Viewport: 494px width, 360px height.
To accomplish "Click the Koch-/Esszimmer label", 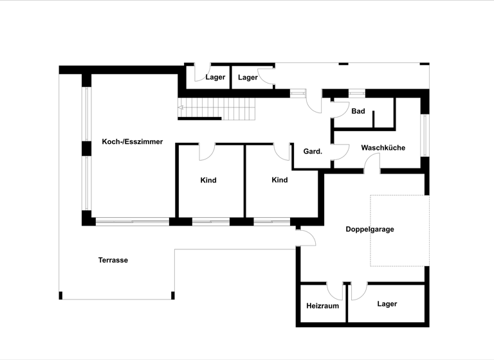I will click(x=132, y=141).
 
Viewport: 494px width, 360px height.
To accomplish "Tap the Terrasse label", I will click(x=113, y=260).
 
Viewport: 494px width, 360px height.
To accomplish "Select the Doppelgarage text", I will click(x=369, y=229).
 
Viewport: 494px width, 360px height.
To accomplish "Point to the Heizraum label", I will click(x=322, y=305).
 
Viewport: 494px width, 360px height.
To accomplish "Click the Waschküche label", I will click(x=383, y=148).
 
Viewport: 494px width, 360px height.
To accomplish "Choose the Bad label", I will click(x=358, y=111).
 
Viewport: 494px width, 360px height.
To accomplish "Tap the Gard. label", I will click(x=312, y=152).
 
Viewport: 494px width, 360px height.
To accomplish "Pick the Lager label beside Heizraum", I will click(x=387, y=304).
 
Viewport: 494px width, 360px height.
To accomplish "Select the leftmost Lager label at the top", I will click(x=215, y=78).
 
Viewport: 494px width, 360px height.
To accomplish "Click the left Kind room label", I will click(x=208, y=181).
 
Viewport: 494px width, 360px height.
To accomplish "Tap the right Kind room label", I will click(x=279, y=180).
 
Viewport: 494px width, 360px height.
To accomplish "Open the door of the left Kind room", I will click(x=207, y=152).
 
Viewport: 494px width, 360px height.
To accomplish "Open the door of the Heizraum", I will click(x=335, y=291).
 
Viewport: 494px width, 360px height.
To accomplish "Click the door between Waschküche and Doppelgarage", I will click(x=372, y=164).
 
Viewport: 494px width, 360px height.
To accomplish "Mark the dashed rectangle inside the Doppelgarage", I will click(x=399, y=230).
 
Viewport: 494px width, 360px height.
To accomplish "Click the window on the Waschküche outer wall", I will click(x=424, y=134).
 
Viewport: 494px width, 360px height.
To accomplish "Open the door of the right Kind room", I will click(x=282, y=152).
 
